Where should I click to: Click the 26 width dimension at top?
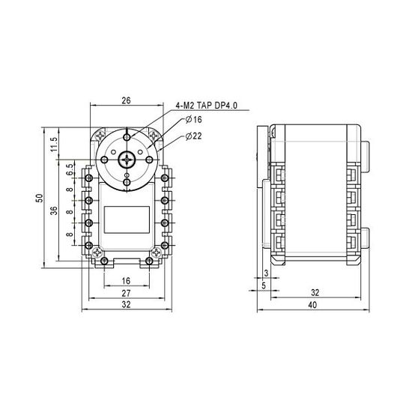125,100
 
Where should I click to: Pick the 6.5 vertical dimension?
70,170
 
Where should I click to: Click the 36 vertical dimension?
54,212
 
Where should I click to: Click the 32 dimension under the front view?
125,306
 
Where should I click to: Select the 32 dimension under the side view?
315,292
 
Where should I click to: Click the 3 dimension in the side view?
267,275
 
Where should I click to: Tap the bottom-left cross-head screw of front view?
97,255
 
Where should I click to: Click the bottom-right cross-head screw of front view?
155,255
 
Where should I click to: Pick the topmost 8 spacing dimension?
70,190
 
